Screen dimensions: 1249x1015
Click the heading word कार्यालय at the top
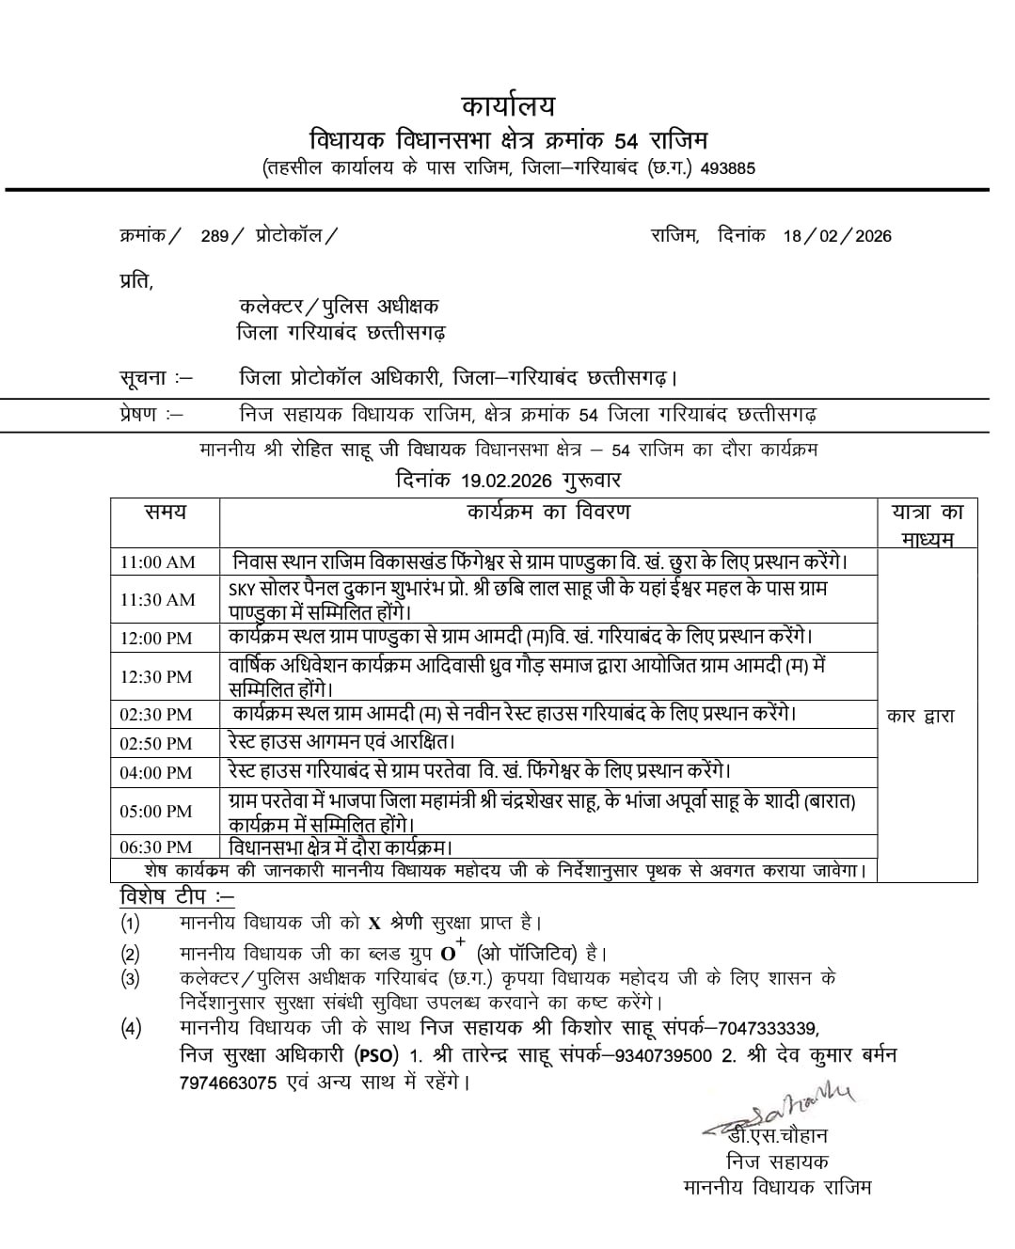(x=508, y=104)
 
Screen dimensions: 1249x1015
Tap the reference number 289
(x=214, y=236)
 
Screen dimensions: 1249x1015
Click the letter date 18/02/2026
(x=837, y=236)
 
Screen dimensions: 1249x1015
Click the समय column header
(x=165, y=513)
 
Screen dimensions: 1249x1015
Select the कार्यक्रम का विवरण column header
(x=548, y=513)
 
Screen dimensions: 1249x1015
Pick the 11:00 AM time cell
(x=157, y=562)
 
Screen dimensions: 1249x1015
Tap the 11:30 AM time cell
(x=157, y=600)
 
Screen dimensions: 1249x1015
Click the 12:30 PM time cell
(x=155, y=677)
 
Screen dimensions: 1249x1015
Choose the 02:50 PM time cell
(x=155, y=744)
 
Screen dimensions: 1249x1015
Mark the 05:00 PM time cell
(x=155, y=812)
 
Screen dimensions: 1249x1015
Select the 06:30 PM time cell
(x=155, y=847)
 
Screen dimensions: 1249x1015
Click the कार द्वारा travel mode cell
(x=920, y=716)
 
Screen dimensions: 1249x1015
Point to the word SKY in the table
(x=242, y=589)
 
